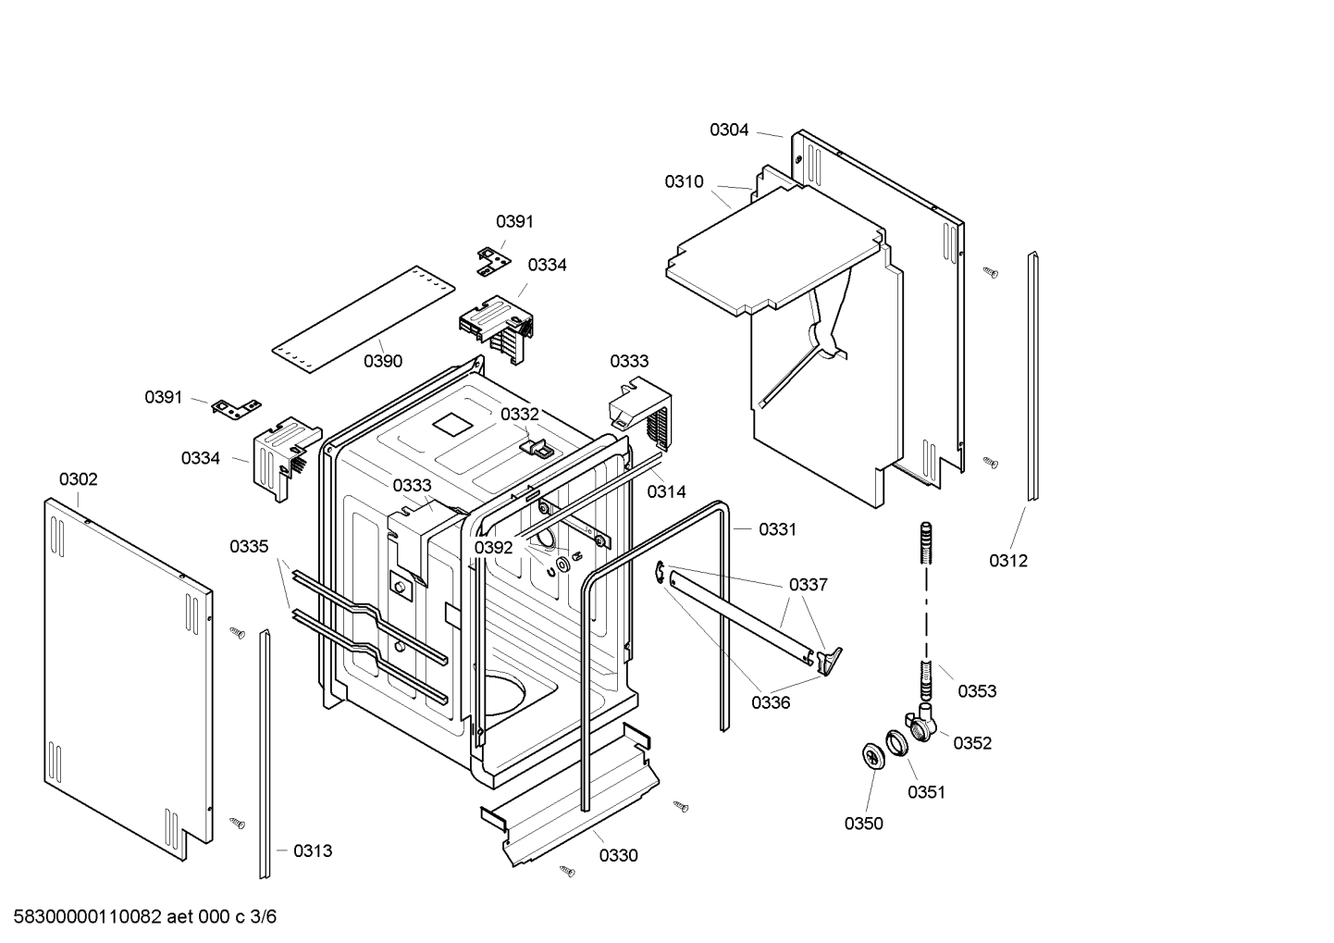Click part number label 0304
click(x=729, y=130)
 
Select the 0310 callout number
click(x=684, y=182)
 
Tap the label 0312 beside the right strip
click(x=1007, y=561)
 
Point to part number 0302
click(x=78, y=479)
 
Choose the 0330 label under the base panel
click(x=618, y=856)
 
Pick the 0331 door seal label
click(x=777, y=529)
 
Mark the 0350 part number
click(x=863, y=824)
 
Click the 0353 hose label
click(x=977, y=691)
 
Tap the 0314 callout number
click(x=666, y=492)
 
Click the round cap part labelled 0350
click(x=872, y=754)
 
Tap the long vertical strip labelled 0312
click(x=1031, y=375)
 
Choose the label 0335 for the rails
click(x=249, y=547)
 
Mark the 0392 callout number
click(x=493, y=548)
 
